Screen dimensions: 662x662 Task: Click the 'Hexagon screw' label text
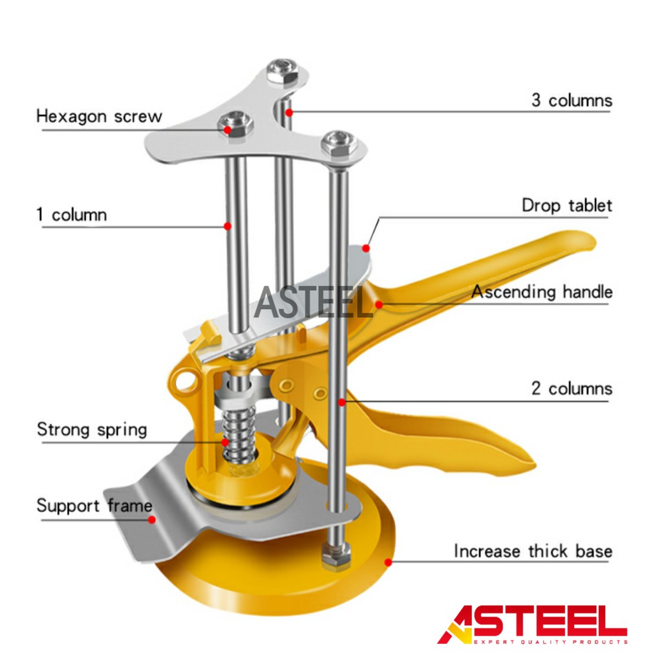[99, 117]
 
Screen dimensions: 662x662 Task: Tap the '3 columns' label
[571, 101]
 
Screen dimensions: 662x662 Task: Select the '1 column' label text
[72, 215]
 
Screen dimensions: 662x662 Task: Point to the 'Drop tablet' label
[567, 206]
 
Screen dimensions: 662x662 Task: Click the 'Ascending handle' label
[542, 292]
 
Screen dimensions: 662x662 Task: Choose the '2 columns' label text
[571, 389]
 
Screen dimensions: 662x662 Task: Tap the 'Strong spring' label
[92, 430]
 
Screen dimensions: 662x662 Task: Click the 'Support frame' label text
[94, 506]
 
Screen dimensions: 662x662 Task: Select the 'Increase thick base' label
[533, 551]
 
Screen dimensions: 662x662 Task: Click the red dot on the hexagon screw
[228, 129]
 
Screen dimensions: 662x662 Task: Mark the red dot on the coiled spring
[225, 442]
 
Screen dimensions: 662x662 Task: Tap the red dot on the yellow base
[388, 562]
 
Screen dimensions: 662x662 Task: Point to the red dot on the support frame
[152, 518]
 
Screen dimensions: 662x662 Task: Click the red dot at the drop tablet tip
[366, 248]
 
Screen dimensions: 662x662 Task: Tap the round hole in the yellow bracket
[186, 381]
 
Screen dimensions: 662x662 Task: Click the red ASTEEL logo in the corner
[532, 625]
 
